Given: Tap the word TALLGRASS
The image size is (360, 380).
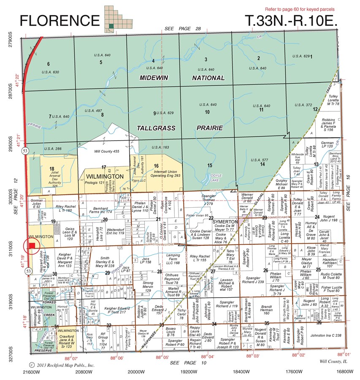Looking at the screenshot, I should click(x=156, y=127).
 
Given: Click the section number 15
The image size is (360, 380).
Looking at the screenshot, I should click(x=209, y=165).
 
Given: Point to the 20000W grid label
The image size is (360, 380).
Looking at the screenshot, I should click(x=135, y=372).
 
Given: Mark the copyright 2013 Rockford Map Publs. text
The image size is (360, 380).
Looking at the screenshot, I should click(x=59, y=364).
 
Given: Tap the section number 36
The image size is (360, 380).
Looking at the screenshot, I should click(x=319, y=323).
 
